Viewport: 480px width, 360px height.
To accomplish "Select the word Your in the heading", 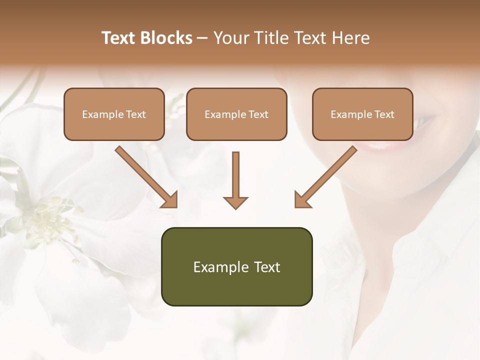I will point(231,38).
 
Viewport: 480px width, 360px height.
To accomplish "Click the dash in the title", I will point(202,38).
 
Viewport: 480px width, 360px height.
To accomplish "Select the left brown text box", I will point(114,114).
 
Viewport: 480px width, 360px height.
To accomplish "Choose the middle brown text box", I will point(236,114).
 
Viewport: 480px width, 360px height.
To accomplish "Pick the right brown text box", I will point(362,114).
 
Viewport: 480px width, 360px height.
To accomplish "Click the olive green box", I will point(236,266).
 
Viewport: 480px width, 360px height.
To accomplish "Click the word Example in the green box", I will point(216,267).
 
